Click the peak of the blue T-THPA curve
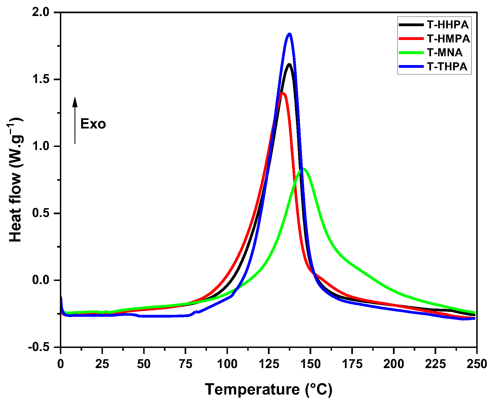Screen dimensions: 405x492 (289, 34)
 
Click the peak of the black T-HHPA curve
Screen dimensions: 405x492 (289, 65)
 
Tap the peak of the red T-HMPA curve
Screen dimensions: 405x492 (282, 93)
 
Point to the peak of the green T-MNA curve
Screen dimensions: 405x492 (303, 168)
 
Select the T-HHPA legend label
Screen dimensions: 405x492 (448, 25)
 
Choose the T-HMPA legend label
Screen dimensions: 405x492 (448, 39)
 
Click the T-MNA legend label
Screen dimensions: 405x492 (445, 52)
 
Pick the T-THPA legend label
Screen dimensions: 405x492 (447, 66)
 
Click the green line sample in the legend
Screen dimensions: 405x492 (411, 52)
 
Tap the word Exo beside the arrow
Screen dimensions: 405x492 (93, 124)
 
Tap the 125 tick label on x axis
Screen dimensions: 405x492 (269, 364)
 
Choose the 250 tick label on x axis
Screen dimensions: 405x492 (477, 364)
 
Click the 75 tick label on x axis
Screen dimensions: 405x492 (185, 364)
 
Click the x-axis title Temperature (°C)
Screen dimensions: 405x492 (268, 390)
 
